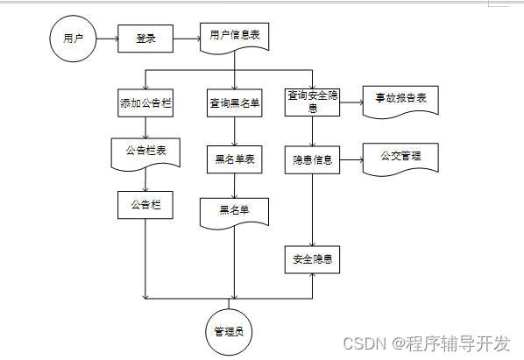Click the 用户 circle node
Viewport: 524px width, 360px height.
tap(72, 39)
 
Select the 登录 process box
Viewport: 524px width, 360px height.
tap(145, 39)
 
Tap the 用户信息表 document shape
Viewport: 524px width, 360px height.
tap(234, 37)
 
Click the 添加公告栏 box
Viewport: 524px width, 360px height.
tap(145, 102)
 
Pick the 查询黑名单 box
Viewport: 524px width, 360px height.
tap(234, 102)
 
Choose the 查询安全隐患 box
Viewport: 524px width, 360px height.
tap(313, 102)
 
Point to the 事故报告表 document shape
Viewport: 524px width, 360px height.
tap(400, 100)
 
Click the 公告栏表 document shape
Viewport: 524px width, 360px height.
tap(145, 152)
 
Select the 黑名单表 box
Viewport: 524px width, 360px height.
tap(234, 159)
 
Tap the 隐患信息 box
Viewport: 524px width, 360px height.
tap(313, 160)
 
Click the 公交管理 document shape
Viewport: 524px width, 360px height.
tap(400, 158)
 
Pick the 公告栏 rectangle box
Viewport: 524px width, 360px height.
tap(145, 204)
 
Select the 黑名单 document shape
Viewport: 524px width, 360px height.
tap(234, 211)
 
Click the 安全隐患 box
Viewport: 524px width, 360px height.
tap(313, 260)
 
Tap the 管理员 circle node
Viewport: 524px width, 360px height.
tap(228, 331)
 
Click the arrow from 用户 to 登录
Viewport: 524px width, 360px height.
tap(106, 39)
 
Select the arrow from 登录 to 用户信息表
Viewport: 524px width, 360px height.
tap(187, 39)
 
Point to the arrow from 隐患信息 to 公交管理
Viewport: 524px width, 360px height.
tap(351, 160)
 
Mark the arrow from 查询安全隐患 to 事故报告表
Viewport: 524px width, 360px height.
tap(351, 102)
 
